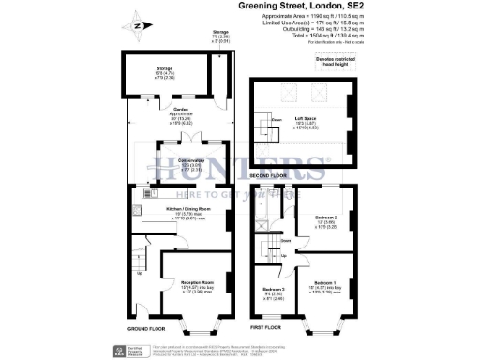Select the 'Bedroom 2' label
(x=322, y=220)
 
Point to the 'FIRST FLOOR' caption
(x=267, y=328)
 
